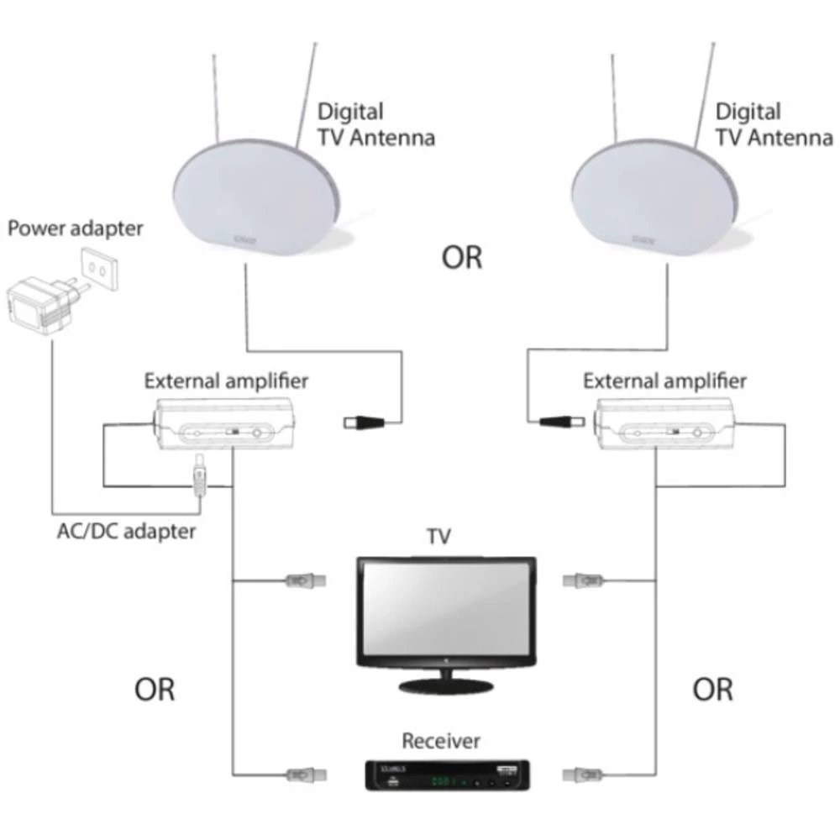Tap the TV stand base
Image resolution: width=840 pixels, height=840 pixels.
tap(444, 685)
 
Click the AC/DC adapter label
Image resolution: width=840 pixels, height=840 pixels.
tap(126, 531)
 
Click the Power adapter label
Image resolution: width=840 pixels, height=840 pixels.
tap(76, 228)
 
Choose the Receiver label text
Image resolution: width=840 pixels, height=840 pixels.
tap(441, 741)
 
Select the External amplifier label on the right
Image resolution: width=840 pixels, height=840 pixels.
tap(664, 381)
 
